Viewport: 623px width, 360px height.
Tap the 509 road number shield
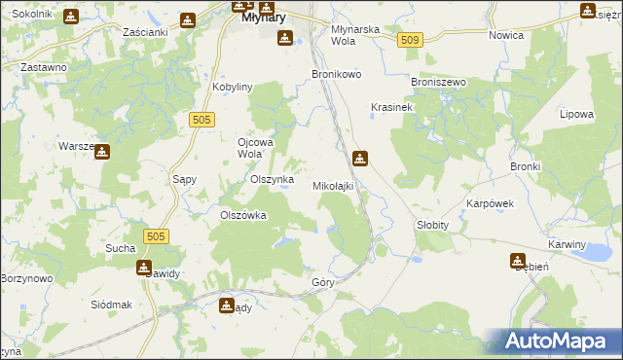click(x=409, y=40)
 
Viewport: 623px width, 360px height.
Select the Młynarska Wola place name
click(x=355, y=35)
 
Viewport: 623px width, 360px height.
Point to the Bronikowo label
click(x=336, y=74)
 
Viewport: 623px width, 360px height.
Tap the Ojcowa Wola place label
click(x=257, y=147)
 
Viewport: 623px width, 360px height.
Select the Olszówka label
click(x=243, y=216)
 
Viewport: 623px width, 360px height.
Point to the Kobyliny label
click(x=233, y=87)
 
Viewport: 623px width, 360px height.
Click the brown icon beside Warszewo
click(x=101, y=151)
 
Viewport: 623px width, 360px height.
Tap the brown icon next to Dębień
click(x=518, y=260)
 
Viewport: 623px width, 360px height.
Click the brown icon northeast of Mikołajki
click(x=360, y=158)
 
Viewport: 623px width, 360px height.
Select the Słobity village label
click(x=432, y=224)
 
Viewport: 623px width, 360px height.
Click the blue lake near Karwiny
click(x=591, y=253)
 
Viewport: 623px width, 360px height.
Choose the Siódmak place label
click(x=110, y=305)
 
